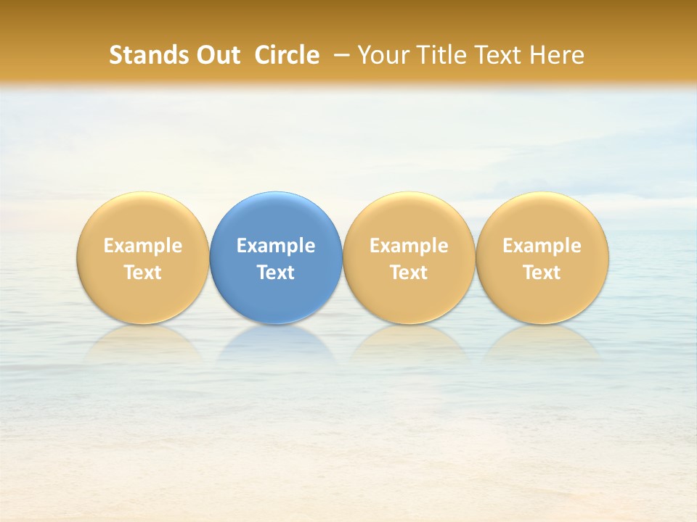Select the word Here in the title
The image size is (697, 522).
558,55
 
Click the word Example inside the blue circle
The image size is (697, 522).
276,246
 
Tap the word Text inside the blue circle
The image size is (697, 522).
276,273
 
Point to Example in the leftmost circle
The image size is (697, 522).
142,246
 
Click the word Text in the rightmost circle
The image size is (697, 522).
542,273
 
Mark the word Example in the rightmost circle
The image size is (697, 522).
542,246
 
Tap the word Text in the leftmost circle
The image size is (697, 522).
142,273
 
